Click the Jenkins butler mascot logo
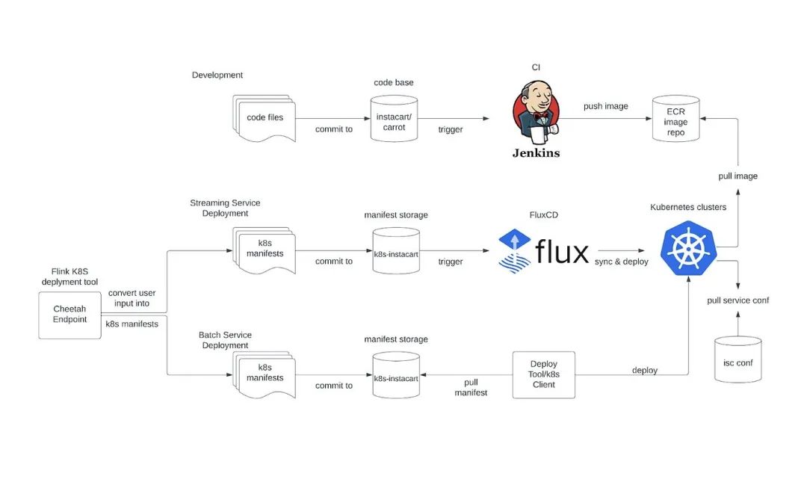pyautogui.click(x=535, y=113)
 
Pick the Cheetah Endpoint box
pyautogui.click(x=69, y=315)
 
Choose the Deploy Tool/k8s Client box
pyautogui.click(x=543, y=374)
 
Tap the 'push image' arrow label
pyautogui.click(x=605, y=106)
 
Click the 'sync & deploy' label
pyautogui.click(x=622, y=262)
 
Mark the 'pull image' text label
pyautogui.click(x=738, y=176)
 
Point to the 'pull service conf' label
pyautogui.click(x=738, y=300)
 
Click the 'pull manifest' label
pyautogui.click(x=471, y=387)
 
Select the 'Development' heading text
pyautogui.click(x=217, y=75)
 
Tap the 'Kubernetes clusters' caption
pyautogui.click(x=687, y=207)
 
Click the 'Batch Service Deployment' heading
pyautogui.click(x=225, y=340)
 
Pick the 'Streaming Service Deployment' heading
pyautogui.click(x=225, y=208)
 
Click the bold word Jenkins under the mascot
pyautogui.click(x=535, y=153)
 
